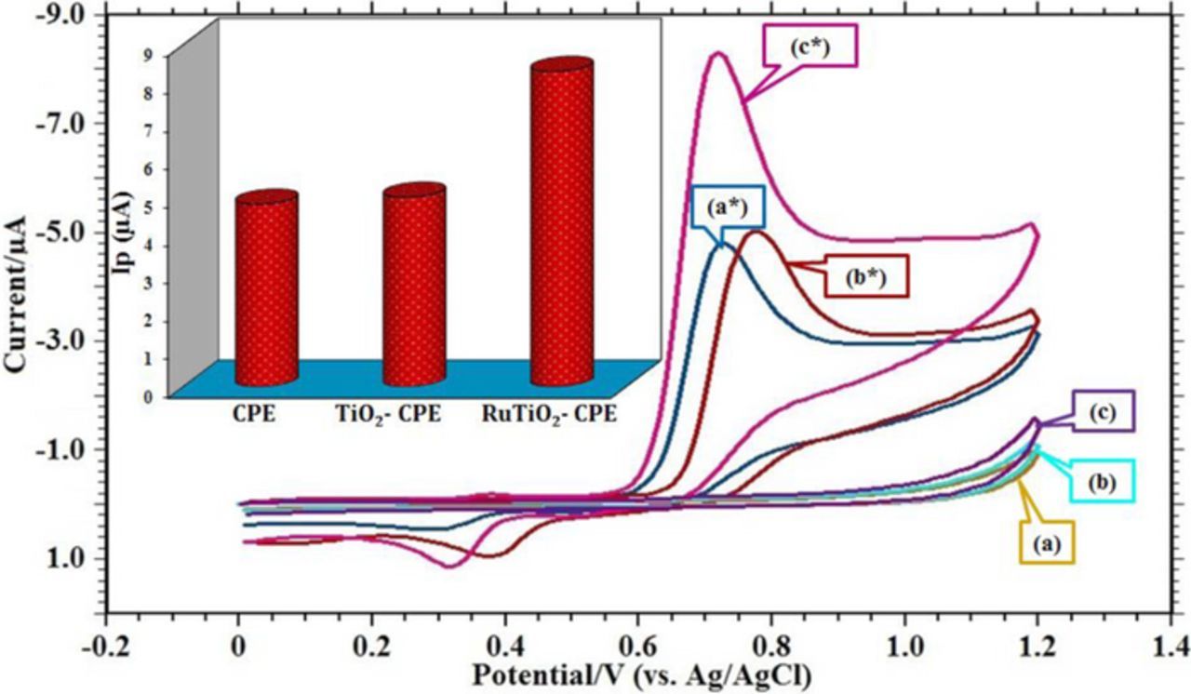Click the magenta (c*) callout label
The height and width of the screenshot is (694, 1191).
[x=810, y=45]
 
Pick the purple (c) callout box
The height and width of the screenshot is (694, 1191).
[x=1101, y=410]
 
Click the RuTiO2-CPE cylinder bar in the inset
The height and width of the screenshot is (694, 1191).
[x=561, y=222]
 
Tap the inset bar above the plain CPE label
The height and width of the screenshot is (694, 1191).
[x=266, y=288]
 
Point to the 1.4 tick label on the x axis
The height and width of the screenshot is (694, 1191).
[x=1171, y=646]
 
